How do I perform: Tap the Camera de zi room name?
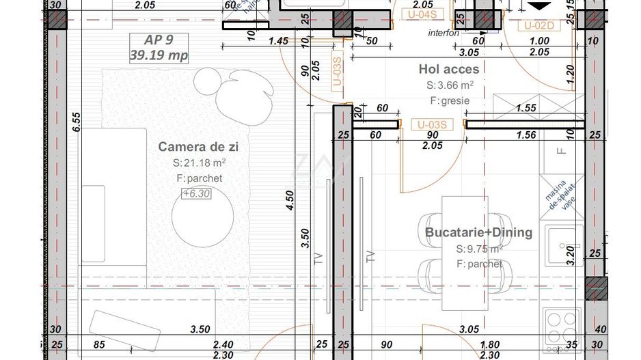[198, 146]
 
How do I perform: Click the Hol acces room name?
[448, 69]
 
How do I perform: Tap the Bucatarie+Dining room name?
[478, 232]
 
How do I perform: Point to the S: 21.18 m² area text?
[199, 163]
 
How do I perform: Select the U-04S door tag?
[422, 12]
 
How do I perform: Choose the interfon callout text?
[444, 32]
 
